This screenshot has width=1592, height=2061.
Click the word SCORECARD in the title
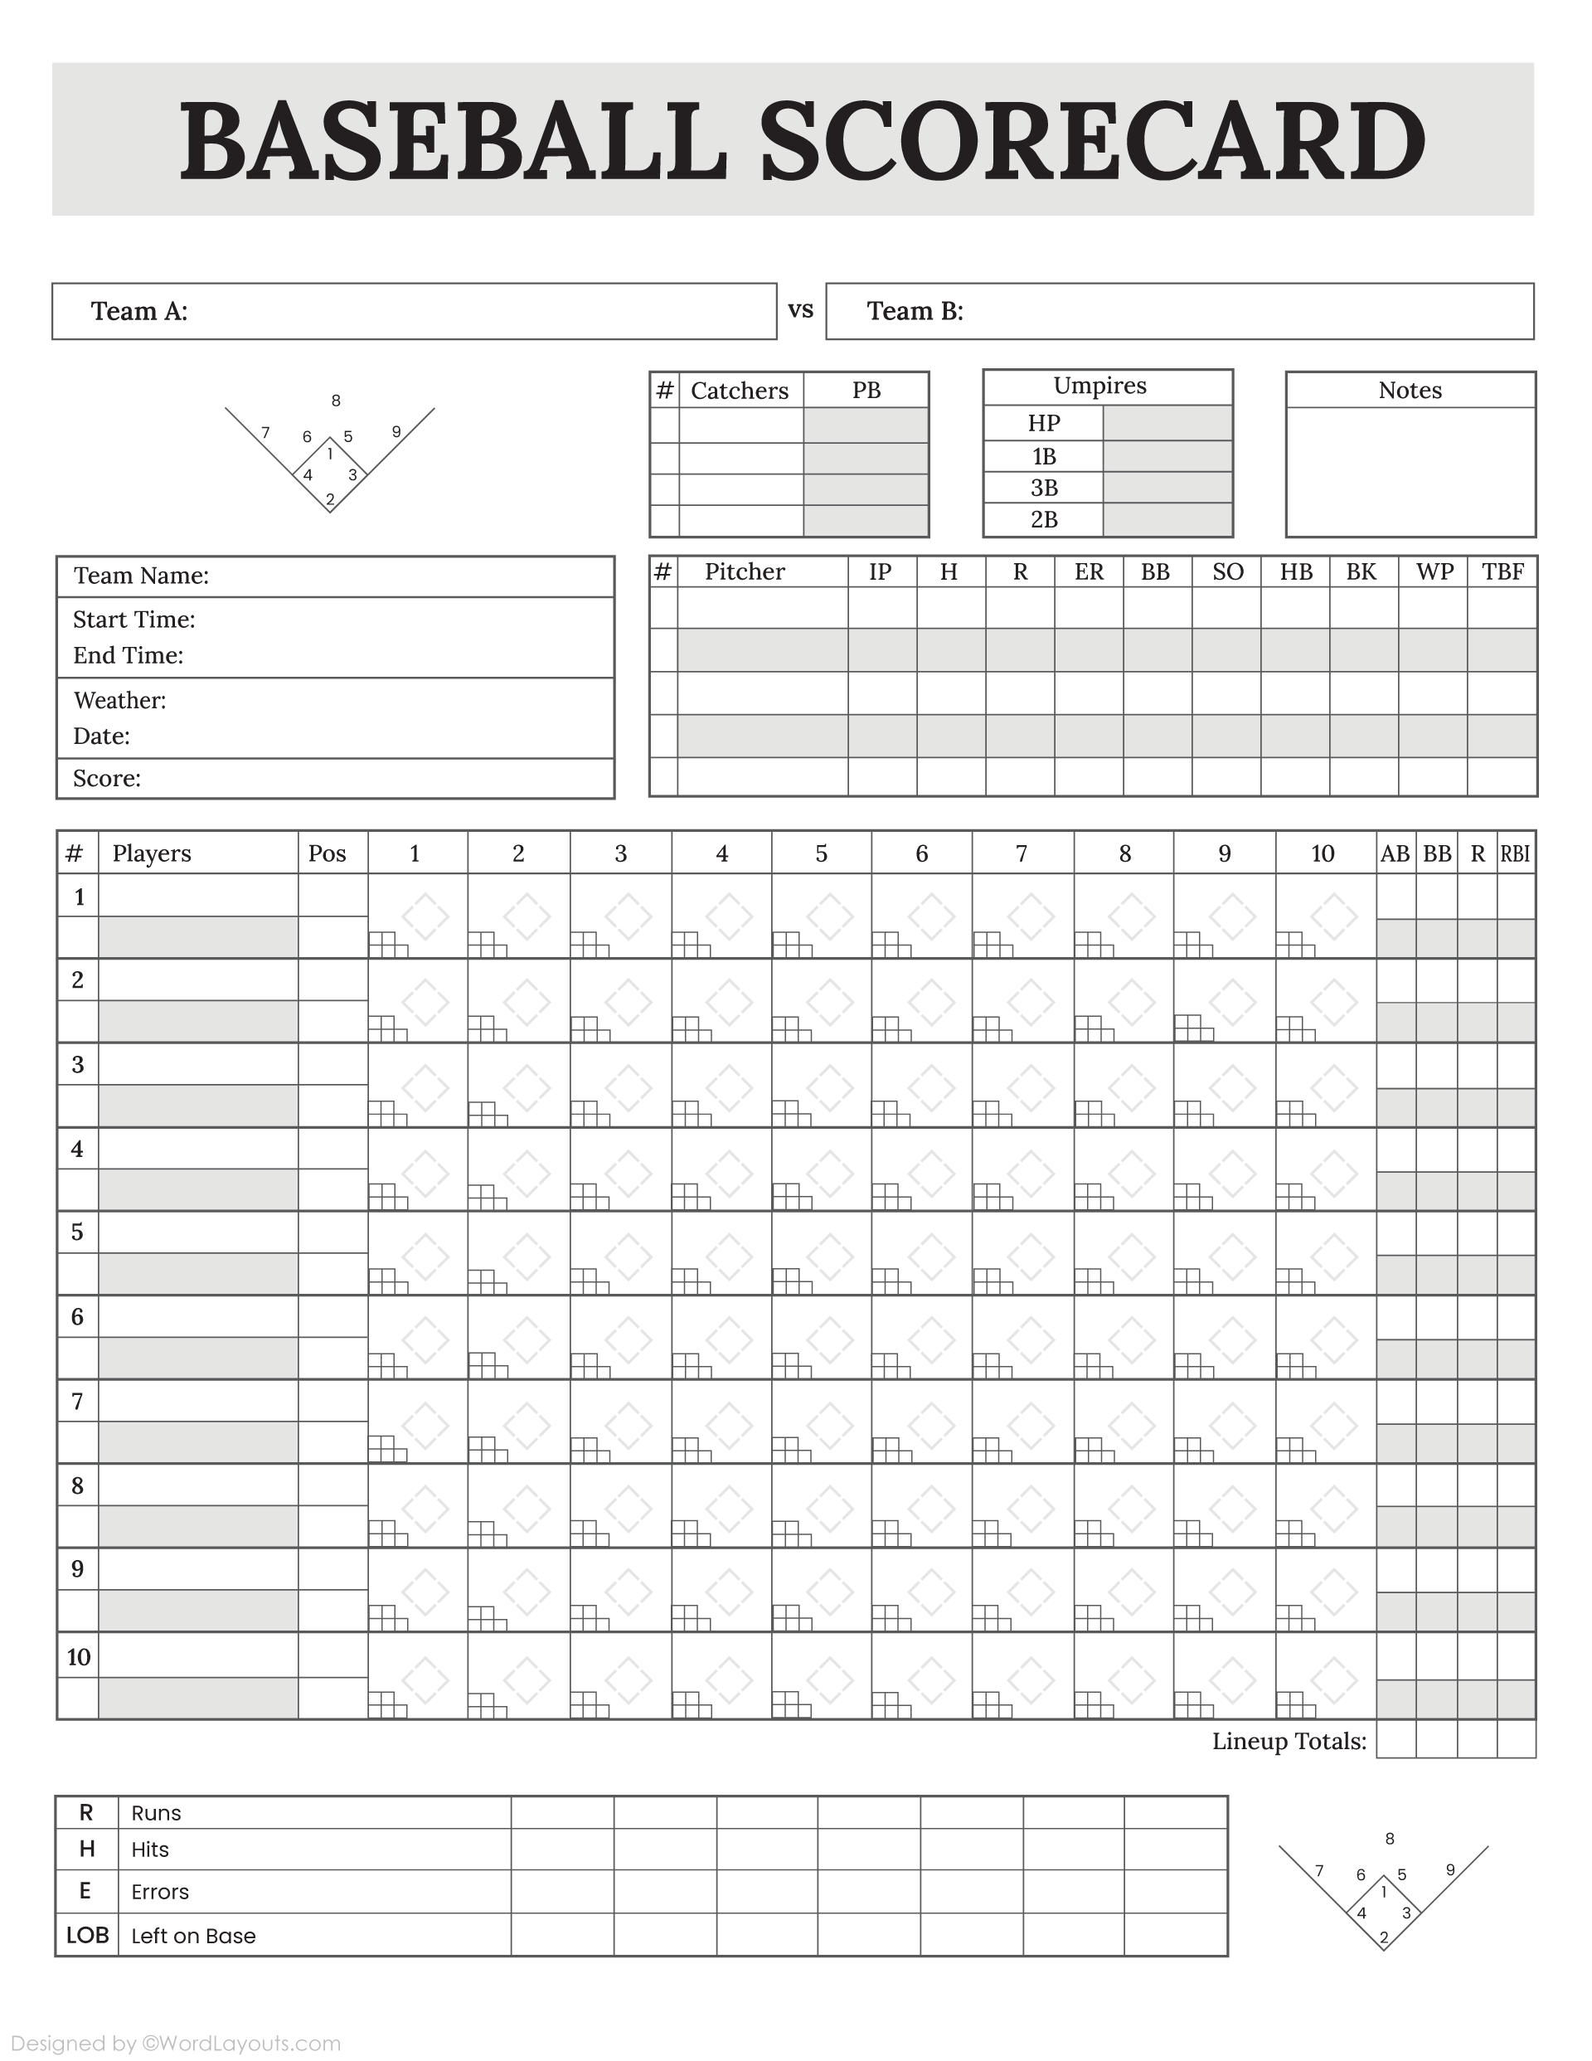click(1092, 142)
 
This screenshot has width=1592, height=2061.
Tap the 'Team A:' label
click(138, 311)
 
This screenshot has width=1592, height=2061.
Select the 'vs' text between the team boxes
click(800, 309)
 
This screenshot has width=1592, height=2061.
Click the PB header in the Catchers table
click(866, 391)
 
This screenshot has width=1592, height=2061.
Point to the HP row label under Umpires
click(1044, 423)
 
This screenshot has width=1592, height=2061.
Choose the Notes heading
click(1410, 391)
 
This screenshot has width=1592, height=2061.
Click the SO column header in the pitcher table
click(1227, 572)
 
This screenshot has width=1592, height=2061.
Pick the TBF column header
click(1502, 572)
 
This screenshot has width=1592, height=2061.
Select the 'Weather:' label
click(120, 700)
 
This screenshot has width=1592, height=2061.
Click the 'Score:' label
click(107, 779)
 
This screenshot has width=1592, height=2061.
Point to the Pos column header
click(328, 854)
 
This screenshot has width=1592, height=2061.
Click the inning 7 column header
click(1021, 854)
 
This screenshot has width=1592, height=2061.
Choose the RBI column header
click(1515, 854)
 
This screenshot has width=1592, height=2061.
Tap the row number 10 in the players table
click(78, 1657)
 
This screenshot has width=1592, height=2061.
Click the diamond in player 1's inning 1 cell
click(425, 916)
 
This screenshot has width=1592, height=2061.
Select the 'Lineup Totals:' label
click(1289, 1742)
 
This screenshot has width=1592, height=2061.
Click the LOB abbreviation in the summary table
click(87, 1936)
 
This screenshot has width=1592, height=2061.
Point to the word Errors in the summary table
click(159, 1892)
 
